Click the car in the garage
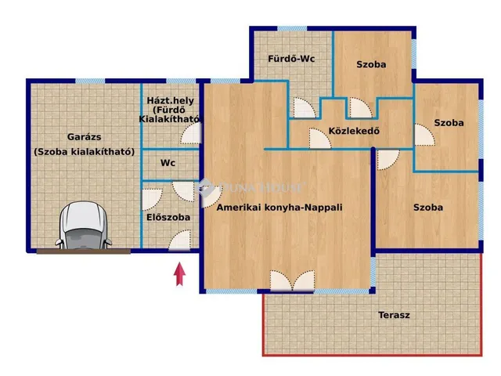[84, 225]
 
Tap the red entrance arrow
[179, 273]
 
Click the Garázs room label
[85, 137]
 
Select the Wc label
[168, 163]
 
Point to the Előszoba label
[168, 218]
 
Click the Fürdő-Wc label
[291, 59]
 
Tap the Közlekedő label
[354, 131]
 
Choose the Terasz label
[394, 315]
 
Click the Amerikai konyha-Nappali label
[279, 208]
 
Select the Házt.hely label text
[171, 100]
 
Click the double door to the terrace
[292, 280]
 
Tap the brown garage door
[84, 251]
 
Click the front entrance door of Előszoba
[179, 240]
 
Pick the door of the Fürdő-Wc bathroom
[304, 108]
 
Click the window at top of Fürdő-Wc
[292, 29]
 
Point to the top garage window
[90, 81]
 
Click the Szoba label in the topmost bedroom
[371, 64]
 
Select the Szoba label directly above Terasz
[428, 208]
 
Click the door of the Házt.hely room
[191, 133]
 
